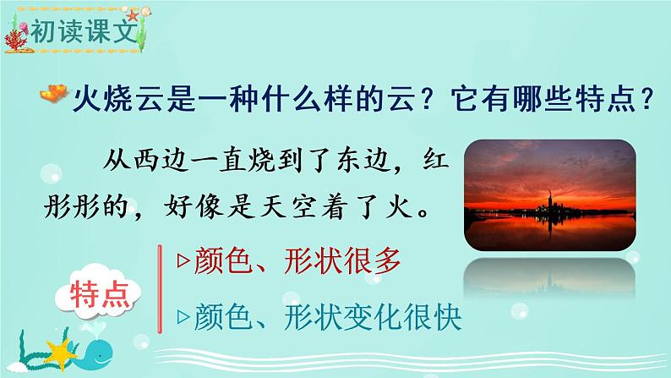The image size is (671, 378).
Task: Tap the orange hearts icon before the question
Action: pyautogui.click(x=54, y=93)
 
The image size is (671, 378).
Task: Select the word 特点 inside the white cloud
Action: pyautogui.click(x=100, y=295)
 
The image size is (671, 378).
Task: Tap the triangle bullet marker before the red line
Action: pyautogui.click(x=183, y=260)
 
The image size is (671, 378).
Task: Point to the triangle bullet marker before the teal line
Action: pyautogui.click(x=183, y=317)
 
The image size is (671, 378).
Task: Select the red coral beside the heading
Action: pyautogui.click(x=15, y=41)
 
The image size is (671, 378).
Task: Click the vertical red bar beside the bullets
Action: pyautogui.click(x=160, y=289)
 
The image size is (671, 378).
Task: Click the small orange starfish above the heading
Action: pyautogui.click(x=133, y=16)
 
